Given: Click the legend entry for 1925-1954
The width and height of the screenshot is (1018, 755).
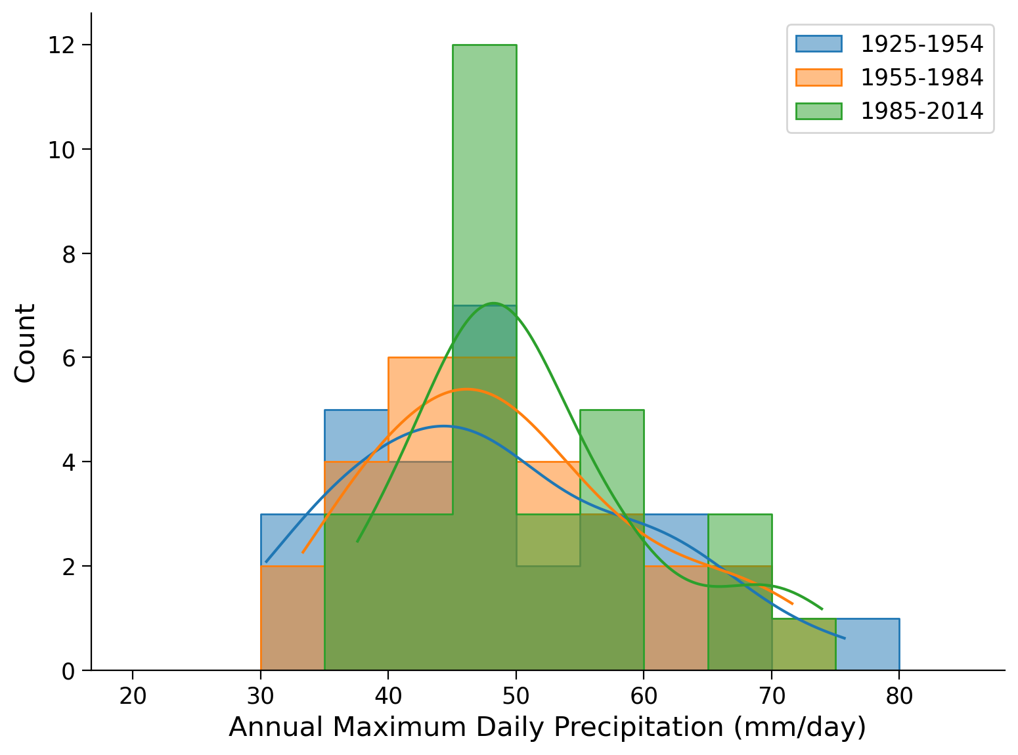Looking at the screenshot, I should pos(921,44).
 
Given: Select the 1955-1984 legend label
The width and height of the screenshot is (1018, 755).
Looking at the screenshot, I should pos(921,77).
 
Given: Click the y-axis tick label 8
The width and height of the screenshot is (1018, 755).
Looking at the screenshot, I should pos(68,254).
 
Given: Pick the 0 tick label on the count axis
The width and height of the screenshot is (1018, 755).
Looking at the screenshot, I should pos(68,671).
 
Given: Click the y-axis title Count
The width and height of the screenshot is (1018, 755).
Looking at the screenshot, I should pos(25,343).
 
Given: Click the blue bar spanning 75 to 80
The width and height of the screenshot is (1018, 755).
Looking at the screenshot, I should pos(867,644).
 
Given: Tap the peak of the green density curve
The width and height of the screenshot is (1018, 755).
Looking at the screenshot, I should pos(493,303).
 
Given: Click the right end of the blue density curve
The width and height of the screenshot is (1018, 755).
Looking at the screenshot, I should pos(845,638).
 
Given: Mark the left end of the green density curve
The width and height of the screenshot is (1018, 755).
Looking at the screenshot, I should pos(357,542).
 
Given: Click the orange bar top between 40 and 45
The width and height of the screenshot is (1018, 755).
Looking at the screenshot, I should pos(420,358).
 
